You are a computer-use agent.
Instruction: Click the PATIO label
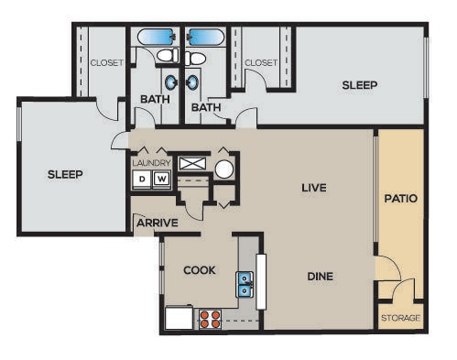(400, 197)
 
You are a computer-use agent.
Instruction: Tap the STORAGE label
(400, 318)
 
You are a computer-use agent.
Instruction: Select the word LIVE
(314, 188)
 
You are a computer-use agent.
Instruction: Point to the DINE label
(320, 275)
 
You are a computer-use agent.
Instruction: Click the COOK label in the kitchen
(199, 270)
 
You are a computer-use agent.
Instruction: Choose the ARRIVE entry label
(157, 223)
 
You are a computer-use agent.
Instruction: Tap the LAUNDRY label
(151, 162)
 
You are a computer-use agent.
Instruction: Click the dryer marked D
(142, 180)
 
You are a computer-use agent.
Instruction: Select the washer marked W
(161, 180)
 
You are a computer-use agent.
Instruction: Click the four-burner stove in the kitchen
(210, 319)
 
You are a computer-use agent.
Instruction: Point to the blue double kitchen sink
(245, 285)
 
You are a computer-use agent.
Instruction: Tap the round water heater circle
(224, 168)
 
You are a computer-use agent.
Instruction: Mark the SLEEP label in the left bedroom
(65, 175)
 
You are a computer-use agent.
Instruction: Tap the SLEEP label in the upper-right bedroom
(359, 85)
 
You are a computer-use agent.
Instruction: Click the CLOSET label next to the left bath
(107, 62)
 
